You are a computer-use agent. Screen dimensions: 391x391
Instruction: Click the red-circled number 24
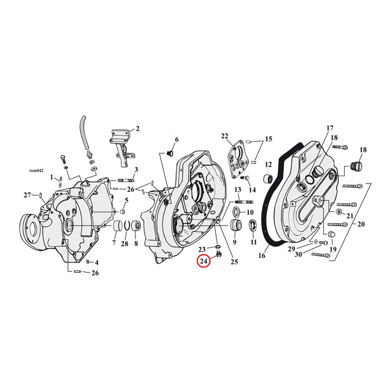203,262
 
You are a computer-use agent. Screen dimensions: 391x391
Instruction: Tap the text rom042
37,170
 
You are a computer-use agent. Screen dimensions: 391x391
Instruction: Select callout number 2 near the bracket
137,128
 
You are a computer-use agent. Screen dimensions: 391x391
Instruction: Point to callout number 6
176,140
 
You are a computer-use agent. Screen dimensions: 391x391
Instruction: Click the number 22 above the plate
224,136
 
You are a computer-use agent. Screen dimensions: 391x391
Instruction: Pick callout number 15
268,140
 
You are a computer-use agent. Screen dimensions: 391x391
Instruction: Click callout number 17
329,128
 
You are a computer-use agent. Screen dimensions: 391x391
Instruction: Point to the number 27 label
27,195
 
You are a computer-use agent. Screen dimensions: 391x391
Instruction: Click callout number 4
96,263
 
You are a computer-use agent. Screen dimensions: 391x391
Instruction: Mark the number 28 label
125,244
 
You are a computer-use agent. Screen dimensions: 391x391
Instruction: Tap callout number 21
351,216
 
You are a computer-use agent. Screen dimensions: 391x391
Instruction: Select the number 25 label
235,261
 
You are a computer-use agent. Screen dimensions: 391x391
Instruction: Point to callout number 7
114,244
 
